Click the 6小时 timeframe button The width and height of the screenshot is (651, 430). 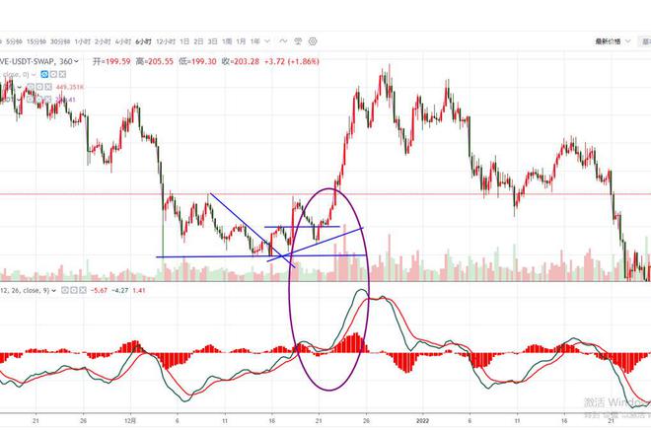144,41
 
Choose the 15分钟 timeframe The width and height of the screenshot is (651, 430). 37,41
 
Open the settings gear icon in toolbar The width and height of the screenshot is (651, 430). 314,41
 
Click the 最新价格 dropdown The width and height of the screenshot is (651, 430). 610,41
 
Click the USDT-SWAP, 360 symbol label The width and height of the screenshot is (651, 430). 40,60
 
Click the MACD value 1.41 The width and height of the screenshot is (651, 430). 139,291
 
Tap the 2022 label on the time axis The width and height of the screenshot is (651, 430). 421,417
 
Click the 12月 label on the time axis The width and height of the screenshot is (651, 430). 131,417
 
